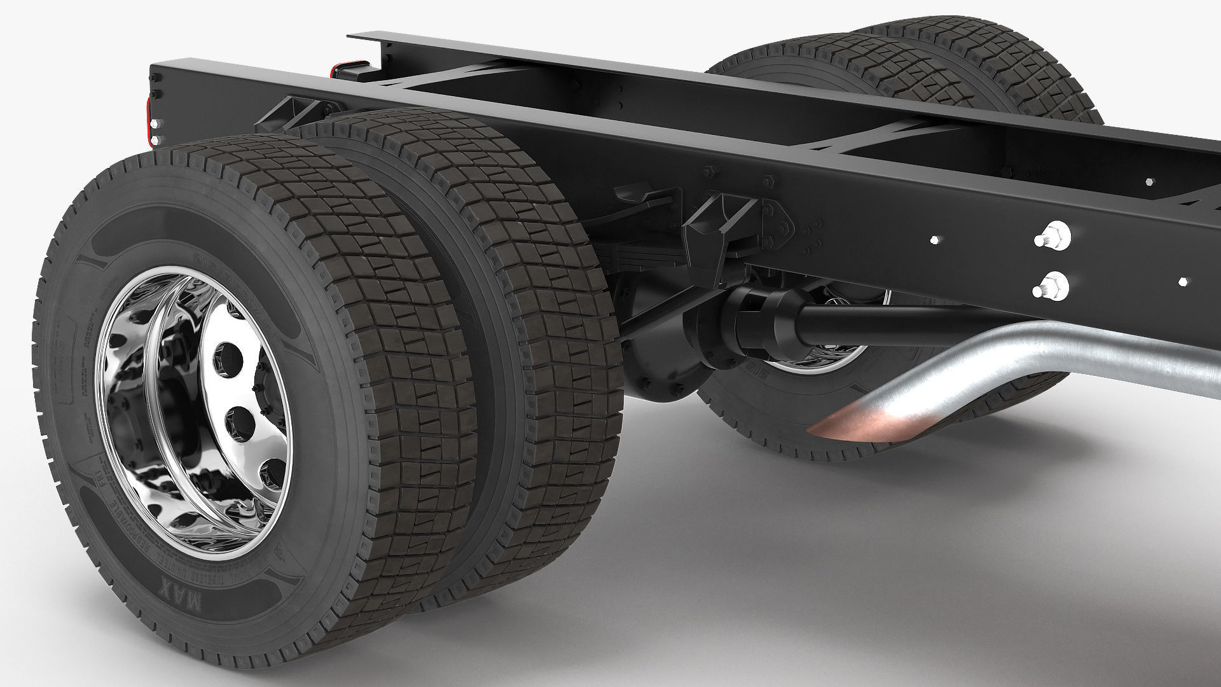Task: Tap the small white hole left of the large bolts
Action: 934,240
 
